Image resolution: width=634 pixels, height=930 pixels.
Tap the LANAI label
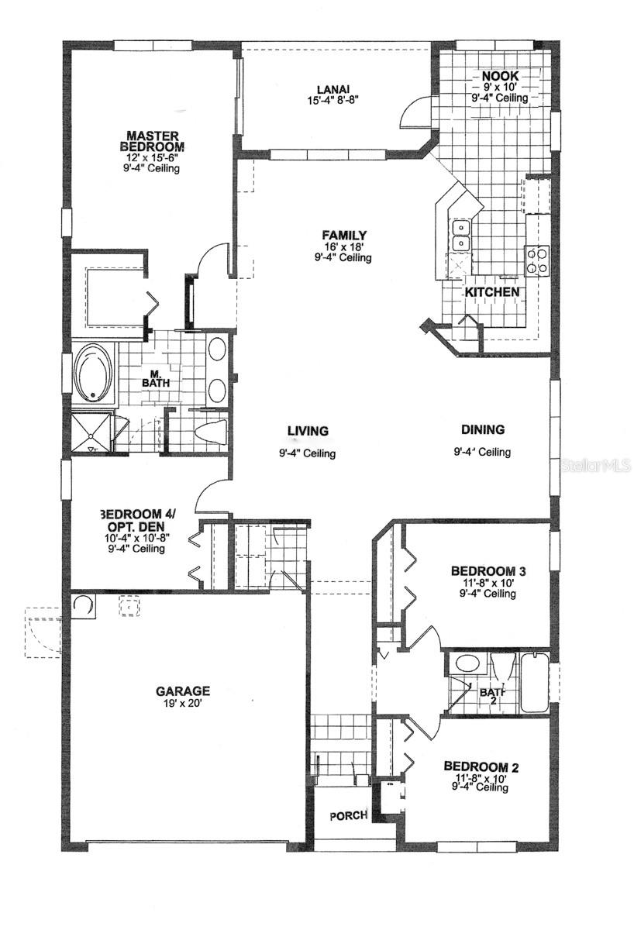pos(332,88)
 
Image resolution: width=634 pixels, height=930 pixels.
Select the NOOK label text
pos(500,76)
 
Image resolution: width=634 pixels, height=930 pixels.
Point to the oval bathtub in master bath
pos(93,372)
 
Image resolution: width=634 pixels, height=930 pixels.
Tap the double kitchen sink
pos(460,235)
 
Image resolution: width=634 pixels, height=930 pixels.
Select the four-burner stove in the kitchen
pos(537,260)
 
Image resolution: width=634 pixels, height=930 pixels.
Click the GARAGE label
pos(183,691)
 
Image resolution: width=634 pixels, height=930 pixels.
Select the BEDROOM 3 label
pos(484,571)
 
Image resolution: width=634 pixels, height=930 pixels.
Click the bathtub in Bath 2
pos(534,682)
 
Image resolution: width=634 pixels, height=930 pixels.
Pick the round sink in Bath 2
pos(467,663)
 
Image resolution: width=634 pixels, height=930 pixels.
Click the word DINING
pos(483,429)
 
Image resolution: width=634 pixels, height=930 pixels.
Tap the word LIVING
pos(308,431)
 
